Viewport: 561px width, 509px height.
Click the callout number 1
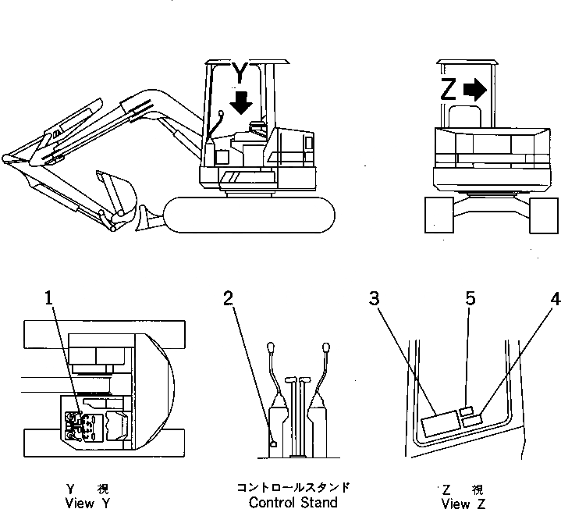click(x=48, y=297)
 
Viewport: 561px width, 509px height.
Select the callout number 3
click(x=375, y=297)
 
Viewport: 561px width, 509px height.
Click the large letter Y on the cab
click(x=241, y=73)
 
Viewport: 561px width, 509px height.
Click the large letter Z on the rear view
click(x=448, y=90)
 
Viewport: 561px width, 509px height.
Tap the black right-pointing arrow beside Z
click(x=474, y=90)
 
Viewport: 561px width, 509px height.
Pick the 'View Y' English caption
click(x=87, y=503)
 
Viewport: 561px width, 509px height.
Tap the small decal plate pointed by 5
click(x=467, y=411)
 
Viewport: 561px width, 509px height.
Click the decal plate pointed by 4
click(x=472, y=422)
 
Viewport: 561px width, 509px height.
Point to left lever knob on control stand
click(x=270, y=347)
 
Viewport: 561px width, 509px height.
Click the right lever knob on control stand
click(x=323, y=347)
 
